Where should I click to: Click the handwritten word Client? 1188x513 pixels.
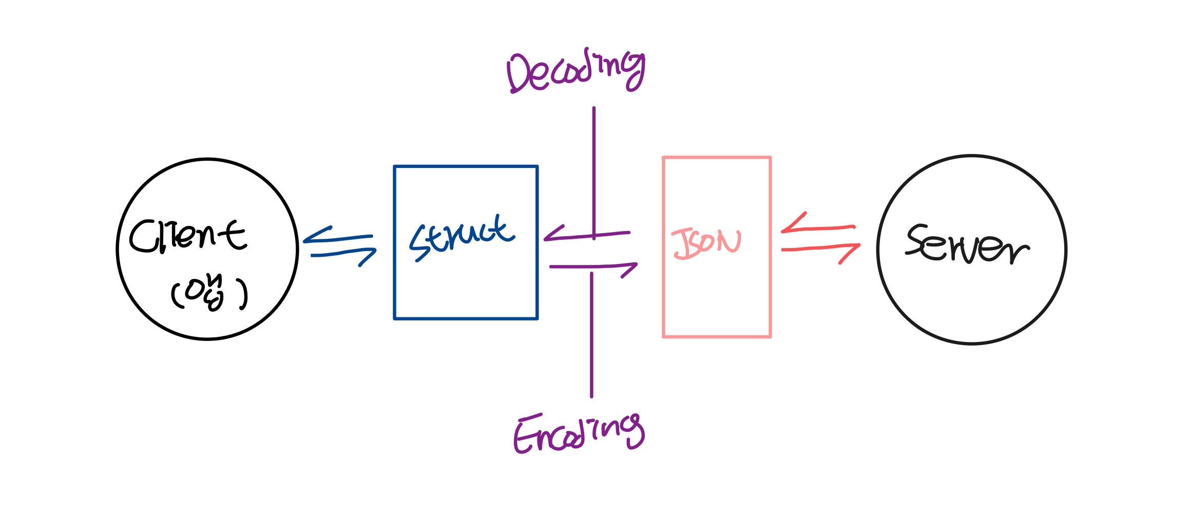(x=188, y=236)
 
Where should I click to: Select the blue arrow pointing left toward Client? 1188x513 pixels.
(x=337, y=237)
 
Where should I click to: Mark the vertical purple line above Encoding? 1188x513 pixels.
(x=591, y=334)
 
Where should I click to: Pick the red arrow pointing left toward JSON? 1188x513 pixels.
(x=817, y=226)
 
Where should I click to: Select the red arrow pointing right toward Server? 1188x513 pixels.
(x=820, y=249)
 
